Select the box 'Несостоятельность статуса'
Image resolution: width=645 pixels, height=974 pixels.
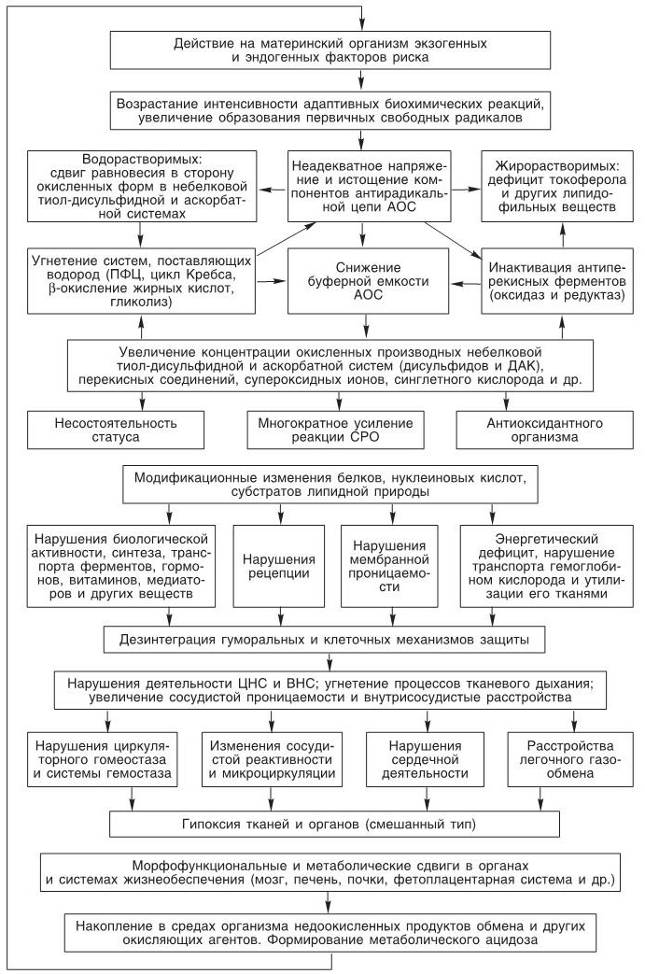tap(116, 429)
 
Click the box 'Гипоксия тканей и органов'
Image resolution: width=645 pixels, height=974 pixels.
tap(336, 825)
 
